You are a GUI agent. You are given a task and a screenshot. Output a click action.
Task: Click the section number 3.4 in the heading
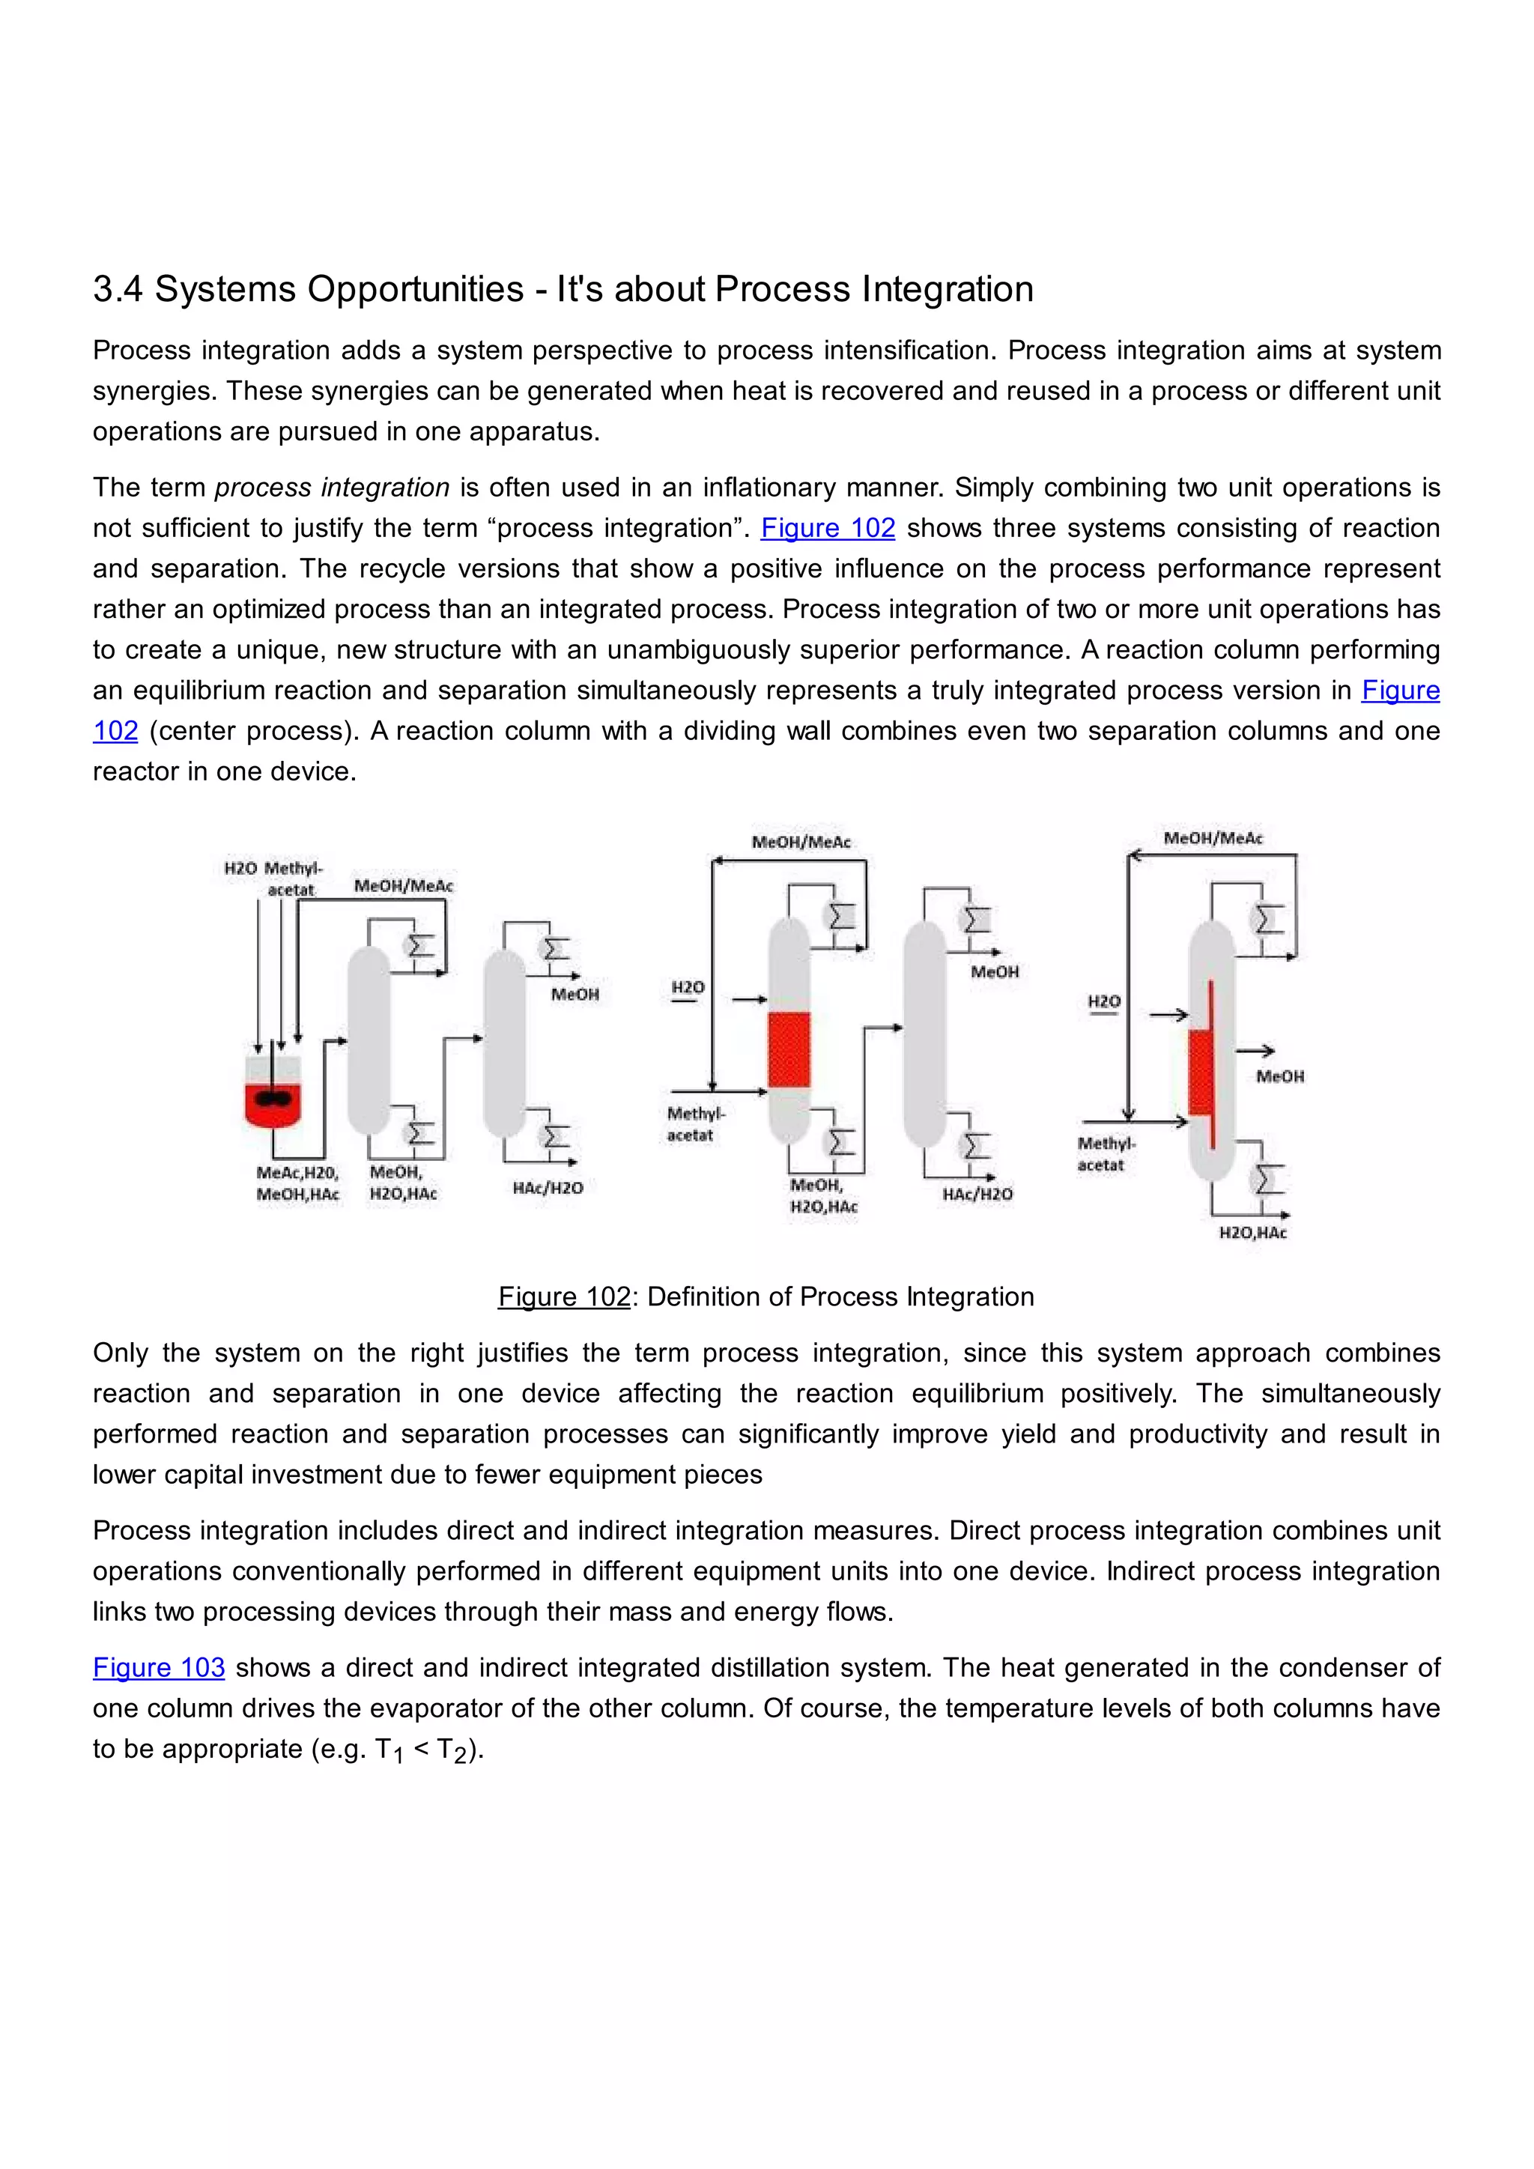point(117,289)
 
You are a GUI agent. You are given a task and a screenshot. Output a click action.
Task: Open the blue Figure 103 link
point(159,1667)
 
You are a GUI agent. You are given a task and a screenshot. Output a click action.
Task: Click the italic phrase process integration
point(332,488)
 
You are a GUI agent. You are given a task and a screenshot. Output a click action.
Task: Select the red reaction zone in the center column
point(789,1049)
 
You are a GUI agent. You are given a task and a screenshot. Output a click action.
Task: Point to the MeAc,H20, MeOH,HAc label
point(297,1183)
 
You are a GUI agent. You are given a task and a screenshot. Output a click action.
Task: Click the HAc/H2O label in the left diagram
point(548,1187)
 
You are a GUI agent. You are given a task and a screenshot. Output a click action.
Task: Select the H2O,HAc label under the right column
point(1252,1233)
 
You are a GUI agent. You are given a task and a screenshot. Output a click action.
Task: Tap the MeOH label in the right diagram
point(1280,1076)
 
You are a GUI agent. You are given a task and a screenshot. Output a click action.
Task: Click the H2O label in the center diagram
point(688,987)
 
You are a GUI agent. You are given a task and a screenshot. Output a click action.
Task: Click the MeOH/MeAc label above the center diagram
point(801,842)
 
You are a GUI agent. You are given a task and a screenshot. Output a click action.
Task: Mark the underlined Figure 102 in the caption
point(564,1297)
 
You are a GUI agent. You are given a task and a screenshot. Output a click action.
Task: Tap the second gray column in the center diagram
point(925,1034)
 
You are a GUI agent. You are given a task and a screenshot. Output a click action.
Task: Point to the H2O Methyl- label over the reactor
point(273,868)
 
